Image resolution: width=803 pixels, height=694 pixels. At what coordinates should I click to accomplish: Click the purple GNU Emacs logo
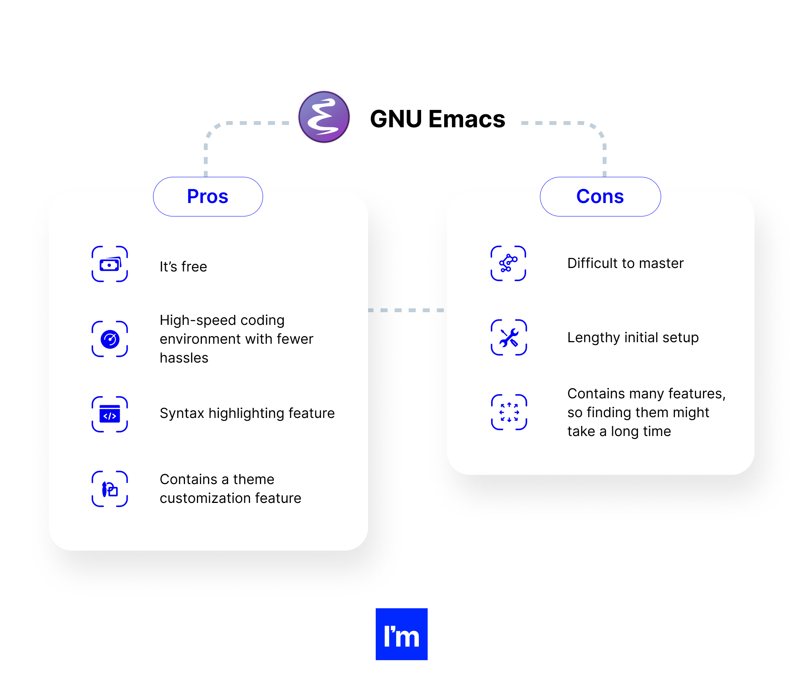(323, 117)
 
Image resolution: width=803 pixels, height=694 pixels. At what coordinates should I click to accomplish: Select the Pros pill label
(208, 196)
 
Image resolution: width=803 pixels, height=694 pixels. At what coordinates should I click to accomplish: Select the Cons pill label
(600, 196)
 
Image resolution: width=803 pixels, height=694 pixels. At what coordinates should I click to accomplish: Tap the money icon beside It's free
(110, 264)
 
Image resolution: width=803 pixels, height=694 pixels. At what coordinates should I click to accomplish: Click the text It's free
(183, 266)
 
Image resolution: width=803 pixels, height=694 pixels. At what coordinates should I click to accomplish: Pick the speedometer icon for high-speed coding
(110, 339)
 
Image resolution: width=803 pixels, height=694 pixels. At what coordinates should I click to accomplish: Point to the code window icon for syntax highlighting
(110, 414)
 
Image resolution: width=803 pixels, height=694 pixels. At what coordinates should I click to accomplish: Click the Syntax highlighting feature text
(247, 413)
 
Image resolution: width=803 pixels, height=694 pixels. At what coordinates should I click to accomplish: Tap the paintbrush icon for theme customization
(110, 489)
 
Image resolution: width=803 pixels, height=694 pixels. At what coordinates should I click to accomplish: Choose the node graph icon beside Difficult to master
(508, 263)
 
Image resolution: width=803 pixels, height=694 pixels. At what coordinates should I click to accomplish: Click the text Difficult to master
(625, 263)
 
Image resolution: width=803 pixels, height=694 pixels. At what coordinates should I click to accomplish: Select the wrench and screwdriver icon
(508, 338)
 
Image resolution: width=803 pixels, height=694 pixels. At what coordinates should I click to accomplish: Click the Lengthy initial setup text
(633, 338)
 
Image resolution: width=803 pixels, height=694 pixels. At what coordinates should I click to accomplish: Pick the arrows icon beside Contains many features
(509, 412)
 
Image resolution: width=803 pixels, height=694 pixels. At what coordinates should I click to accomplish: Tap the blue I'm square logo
(401, 634)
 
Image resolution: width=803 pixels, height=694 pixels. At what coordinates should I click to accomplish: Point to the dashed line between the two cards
(406, 310)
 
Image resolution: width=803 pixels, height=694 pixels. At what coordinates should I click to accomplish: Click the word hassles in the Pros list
(184, 358)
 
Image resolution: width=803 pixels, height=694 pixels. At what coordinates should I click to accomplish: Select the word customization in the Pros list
(209, 498)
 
